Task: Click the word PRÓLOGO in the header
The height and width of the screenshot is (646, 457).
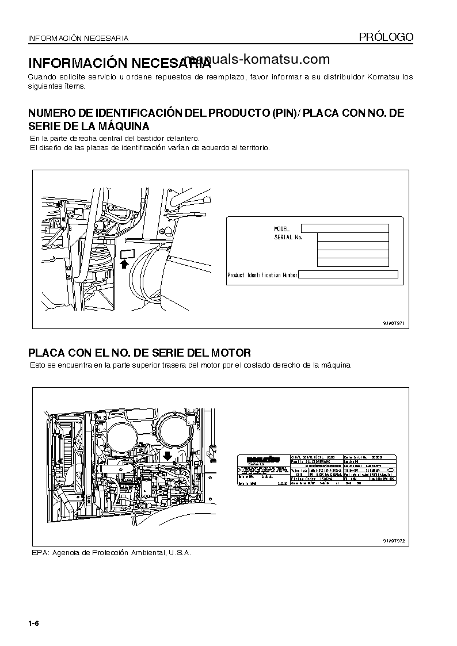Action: coord(386,37)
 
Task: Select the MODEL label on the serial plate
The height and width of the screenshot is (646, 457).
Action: coord(282,229)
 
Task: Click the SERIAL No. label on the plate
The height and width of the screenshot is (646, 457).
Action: coord(288,237)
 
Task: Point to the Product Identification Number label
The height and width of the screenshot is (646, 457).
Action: coord(262,276)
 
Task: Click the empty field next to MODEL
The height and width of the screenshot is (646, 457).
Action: coord(345,228)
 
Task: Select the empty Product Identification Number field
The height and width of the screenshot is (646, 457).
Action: coord(348,276)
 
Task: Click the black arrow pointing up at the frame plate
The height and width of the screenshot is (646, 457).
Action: coord(125,263)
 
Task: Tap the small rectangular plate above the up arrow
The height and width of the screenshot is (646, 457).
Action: coord(127,253)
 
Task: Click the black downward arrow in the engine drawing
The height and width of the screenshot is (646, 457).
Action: coord(167,456)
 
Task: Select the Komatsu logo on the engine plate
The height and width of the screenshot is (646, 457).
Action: coord(264,459)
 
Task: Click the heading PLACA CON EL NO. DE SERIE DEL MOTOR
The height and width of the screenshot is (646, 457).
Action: coord(140,353)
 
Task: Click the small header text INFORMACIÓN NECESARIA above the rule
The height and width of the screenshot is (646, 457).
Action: coord(78,39)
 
